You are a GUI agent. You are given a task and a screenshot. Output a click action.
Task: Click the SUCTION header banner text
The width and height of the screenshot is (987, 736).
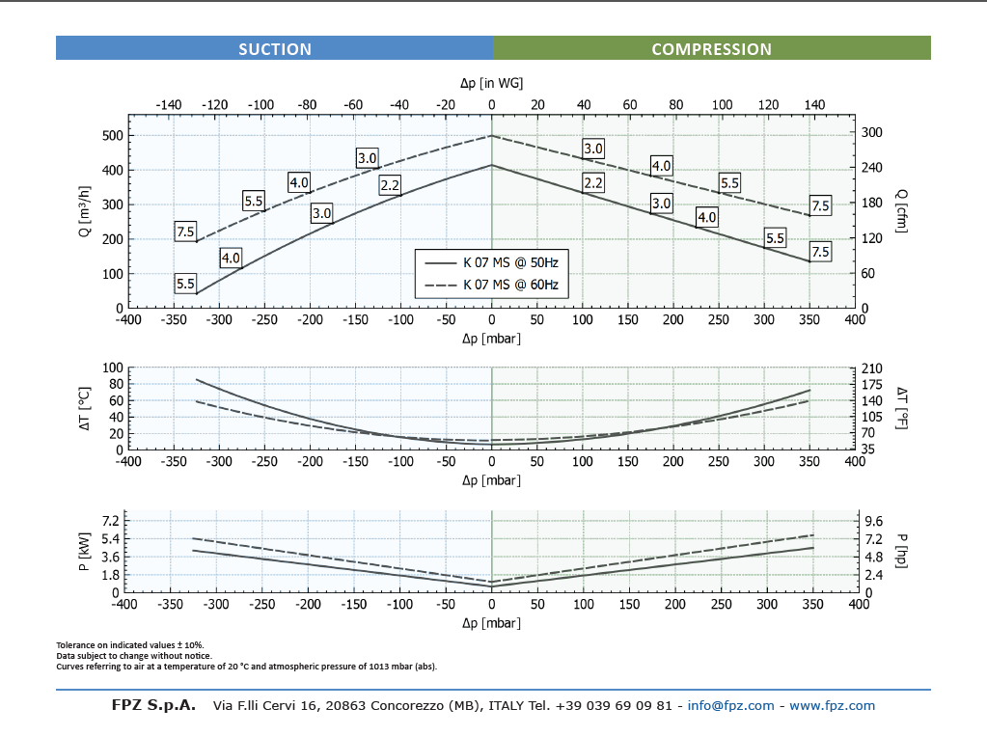[275, 49]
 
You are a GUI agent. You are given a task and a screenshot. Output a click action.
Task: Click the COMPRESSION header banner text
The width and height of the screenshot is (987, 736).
[711, 49]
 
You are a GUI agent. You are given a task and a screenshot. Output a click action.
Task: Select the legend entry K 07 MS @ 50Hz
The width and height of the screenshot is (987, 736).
[510, 262]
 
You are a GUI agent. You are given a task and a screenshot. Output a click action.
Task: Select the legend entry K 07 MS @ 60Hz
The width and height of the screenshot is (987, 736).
[510, 285]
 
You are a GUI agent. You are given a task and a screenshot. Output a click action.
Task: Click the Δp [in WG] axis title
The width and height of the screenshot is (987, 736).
[491, 84]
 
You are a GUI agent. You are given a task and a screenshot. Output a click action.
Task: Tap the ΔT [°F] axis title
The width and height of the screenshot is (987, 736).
[901, 407]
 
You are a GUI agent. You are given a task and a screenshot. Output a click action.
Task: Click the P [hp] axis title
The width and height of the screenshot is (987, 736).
[901, 550]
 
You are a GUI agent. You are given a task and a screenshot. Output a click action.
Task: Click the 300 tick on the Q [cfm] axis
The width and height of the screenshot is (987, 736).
[872, 132]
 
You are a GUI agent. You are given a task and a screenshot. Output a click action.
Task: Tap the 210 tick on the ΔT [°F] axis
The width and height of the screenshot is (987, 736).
[872, 368]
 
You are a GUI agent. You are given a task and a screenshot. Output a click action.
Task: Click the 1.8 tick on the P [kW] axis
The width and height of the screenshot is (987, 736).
[108, 575]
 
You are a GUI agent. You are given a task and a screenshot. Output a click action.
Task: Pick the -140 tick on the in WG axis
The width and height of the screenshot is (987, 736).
[168, 104]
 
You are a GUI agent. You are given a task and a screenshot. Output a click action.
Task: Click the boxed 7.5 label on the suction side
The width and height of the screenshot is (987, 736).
[185, 232]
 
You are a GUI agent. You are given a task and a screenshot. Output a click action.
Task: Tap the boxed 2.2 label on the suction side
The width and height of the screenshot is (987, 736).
[390, 185]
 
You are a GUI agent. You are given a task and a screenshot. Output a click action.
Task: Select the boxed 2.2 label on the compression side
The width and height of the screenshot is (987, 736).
[592, 183]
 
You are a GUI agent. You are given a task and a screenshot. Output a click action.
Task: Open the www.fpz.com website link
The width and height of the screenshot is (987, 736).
[832, 705]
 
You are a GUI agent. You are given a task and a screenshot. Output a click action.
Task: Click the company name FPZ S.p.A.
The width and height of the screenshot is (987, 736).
[153, 705]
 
